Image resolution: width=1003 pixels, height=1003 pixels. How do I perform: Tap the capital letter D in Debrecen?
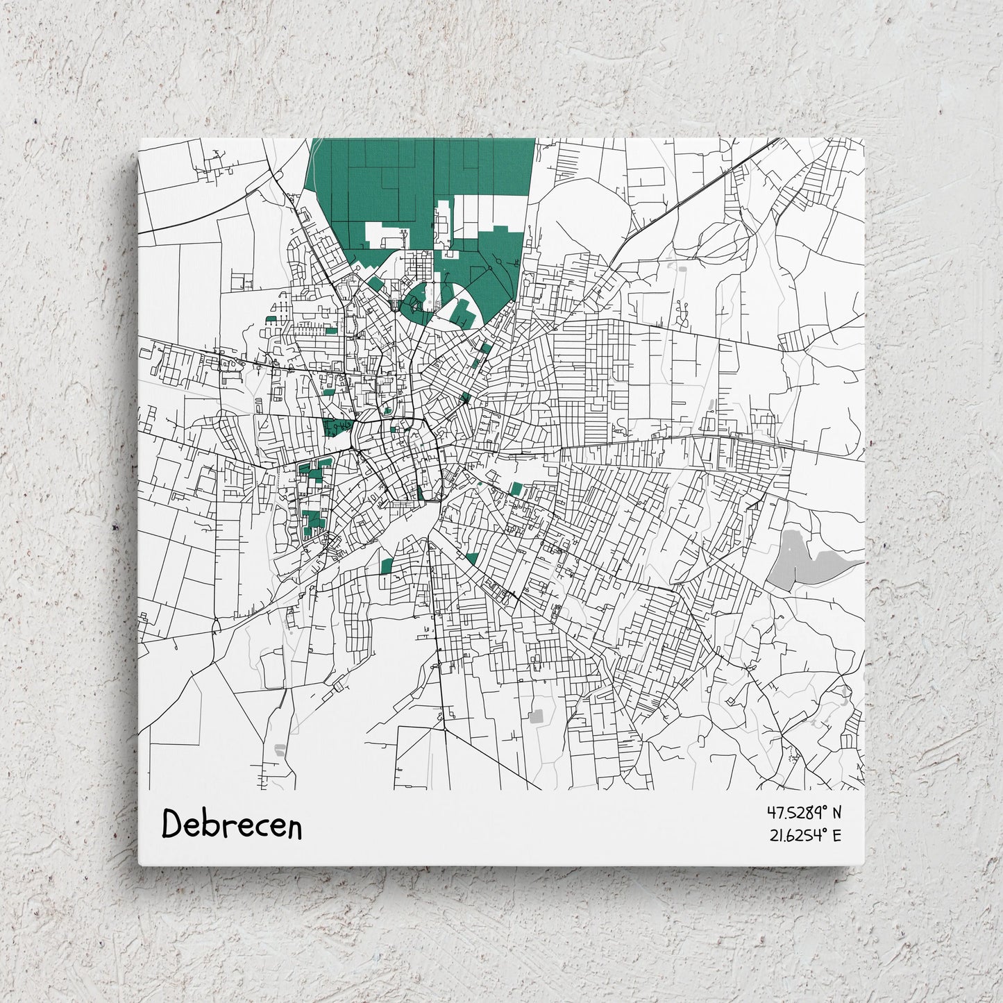click(x=172, y=824)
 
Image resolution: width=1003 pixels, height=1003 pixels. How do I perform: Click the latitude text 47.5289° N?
click(x=804, y=811)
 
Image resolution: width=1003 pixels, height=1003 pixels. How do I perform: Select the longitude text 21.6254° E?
click(x=804, y=835)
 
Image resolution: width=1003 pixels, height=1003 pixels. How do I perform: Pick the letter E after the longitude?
click(x=836, y=835)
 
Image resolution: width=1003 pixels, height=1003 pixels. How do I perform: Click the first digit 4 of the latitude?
click(x=770, y=811)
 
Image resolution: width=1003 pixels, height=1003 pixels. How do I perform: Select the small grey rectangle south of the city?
click(x=537, y=716)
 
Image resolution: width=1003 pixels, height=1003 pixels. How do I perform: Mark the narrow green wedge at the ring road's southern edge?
click(x=421, y=493)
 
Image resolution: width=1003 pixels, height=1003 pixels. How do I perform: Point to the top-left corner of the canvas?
click(x=140, y=138)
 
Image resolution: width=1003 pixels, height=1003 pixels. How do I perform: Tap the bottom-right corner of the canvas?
click(x=865, y=865)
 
